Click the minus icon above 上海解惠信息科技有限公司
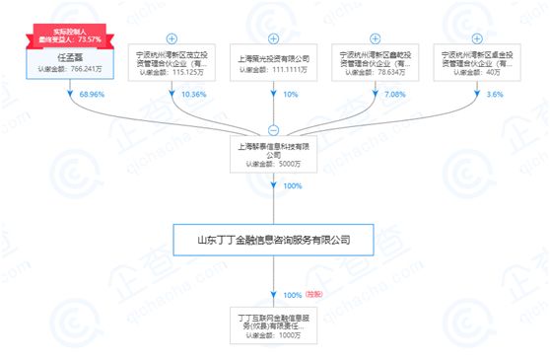[x=274, y=130]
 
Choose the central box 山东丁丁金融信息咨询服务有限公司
[x=274, y=239]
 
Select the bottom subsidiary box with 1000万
[x=274, y=325]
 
